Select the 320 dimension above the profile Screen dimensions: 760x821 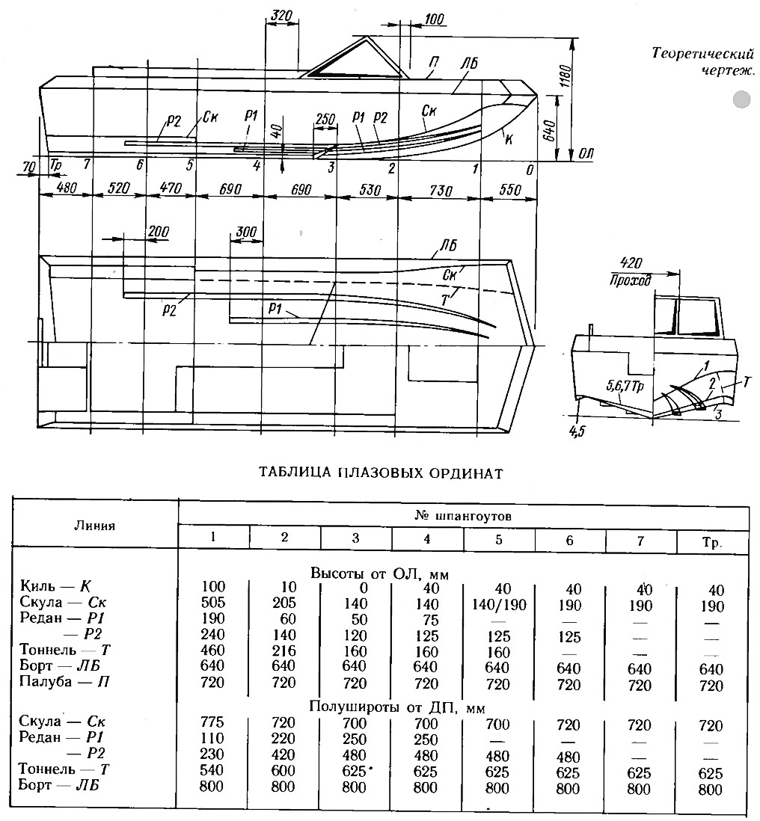coord(281,16)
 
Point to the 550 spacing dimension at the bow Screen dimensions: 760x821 coord(509,189)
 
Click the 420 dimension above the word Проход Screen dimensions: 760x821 coord(631,263)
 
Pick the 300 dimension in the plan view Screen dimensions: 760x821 coord(246,232)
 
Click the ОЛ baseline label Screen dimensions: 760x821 coord(586,154)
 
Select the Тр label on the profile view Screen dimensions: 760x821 coord(55,165)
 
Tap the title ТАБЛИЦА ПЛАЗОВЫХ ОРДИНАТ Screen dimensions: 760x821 coord(381,473)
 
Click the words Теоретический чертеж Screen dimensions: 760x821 coord(703,61)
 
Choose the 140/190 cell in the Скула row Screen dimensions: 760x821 coord(498,605)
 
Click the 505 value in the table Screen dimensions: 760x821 coord(212,602)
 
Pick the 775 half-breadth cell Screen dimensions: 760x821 coord(212,722)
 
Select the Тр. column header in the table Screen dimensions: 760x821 coord(712,542)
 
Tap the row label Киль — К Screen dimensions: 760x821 coord(56,586)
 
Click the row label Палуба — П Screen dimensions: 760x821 coord(64,682)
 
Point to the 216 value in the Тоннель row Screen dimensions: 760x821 coord(284,651)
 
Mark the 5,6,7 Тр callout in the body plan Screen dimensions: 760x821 coord(625,387)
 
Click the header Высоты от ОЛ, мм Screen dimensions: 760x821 coord(380,574)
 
